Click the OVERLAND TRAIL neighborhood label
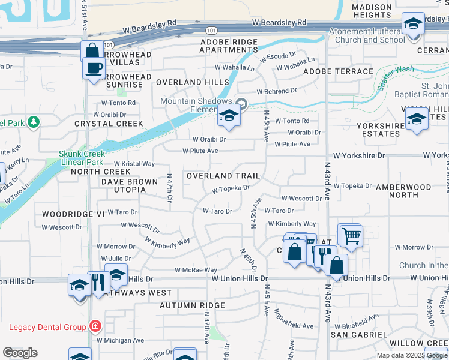(223, 176)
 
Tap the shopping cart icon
(351, 236)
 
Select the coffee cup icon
(94, 67)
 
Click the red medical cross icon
(94, 327)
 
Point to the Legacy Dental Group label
(47, 327)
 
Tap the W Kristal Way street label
(134, 163)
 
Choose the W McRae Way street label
(196, 270)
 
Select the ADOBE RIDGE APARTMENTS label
(228, 46)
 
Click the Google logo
(20, 353)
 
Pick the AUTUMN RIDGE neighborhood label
(192, 305)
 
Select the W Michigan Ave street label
(120, 340)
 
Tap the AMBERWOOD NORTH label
(403, 191)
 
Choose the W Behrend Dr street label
(277, 92)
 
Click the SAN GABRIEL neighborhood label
(360, 334)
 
